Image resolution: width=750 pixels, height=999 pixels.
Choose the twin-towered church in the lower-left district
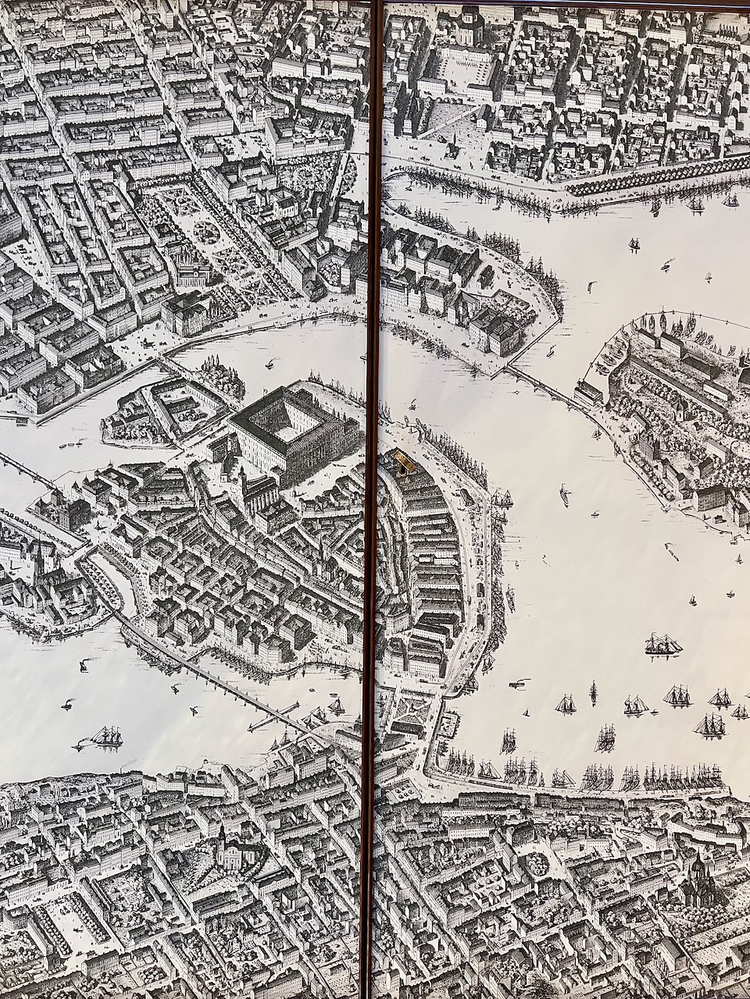click(x=227, y=851)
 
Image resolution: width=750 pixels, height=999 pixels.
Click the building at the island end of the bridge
click(x=589, y=393)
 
